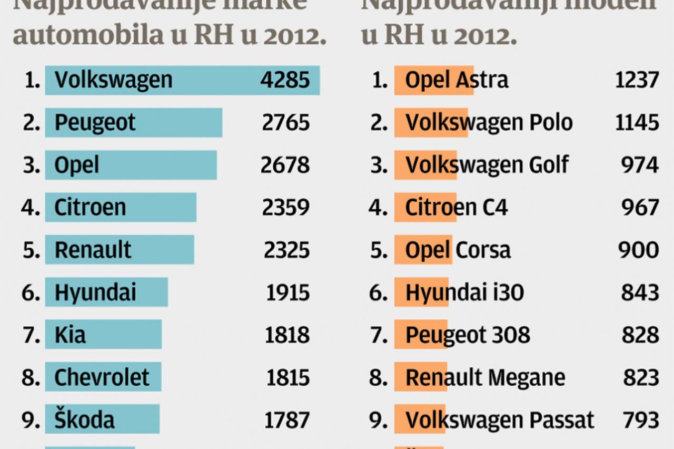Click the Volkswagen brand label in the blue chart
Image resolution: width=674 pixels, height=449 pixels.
tap(113, 80)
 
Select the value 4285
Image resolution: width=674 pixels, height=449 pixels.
tap(285, 80)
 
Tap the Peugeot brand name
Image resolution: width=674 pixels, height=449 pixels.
tap(95, 123)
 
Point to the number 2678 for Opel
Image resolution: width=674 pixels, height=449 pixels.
tap(285, 165)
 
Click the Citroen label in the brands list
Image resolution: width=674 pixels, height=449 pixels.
tap(90, 208)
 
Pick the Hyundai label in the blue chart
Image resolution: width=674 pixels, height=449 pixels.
tap(95, 292)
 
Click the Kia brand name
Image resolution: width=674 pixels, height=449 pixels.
tap(70, 335)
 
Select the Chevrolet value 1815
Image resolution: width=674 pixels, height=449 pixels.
tap(287, 378)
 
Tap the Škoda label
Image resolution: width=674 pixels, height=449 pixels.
tap(84, 420)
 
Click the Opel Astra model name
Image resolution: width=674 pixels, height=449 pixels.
tap(457, 80)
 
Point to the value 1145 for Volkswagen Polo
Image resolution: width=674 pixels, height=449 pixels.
tap(637, 123)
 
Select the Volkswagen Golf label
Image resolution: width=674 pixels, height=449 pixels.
tap(487, 165)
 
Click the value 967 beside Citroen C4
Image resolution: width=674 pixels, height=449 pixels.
tap(640, 208)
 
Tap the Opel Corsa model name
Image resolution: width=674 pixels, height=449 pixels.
tap(458, 250)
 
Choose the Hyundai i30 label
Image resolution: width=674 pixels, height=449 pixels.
tap(464, 292)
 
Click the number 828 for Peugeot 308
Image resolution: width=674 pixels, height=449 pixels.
tap(640, 335)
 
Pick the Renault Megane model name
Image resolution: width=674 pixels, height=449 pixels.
tap(485, 378)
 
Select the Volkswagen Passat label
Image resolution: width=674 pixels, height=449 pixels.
tap(500, 420)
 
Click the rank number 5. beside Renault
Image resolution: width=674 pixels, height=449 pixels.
tap(32, 250)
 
